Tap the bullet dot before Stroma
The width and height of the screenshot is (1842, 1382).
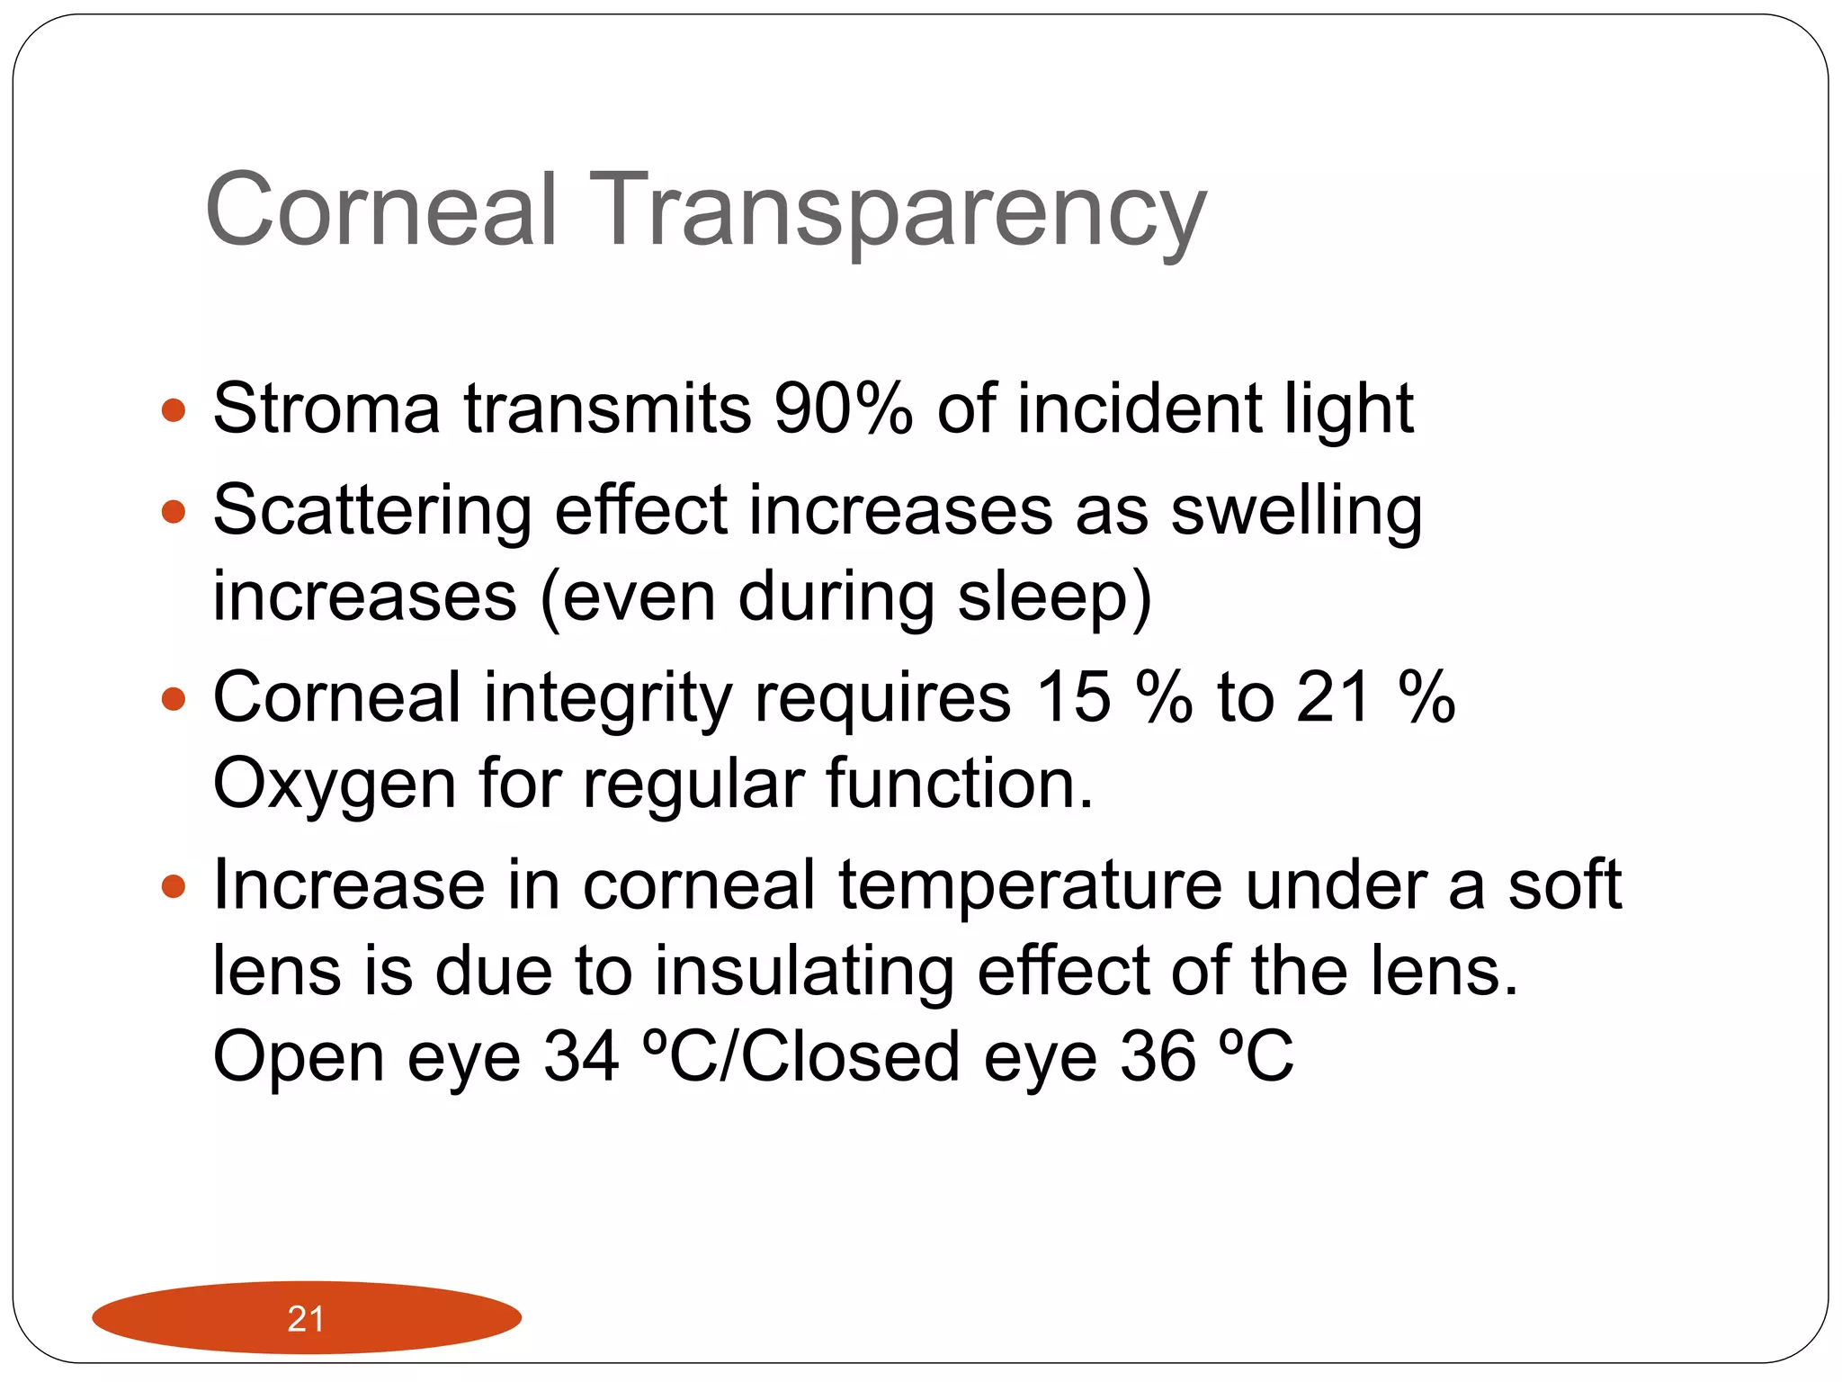point(173,412)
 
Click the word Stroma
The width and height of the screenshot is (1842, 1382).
point(326,408)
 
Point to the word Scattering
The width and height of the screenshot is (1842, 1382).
point(372,511)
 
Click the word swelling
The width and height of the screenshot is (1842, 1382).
point(1296,511)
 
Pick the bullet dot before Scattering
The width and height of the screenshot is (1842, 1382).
point(173,513)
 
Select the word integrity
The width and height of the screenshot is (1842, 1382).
point(608,698)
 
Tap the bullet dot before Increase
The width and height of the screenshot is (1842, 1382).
point(173,887)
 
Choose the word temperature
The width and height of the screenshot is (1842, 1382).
point(1030,885)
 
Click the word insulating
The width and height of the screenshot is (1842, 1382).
point(803,972)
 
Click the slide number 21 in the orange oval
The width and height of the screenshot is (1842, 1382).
point(306,1319)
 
